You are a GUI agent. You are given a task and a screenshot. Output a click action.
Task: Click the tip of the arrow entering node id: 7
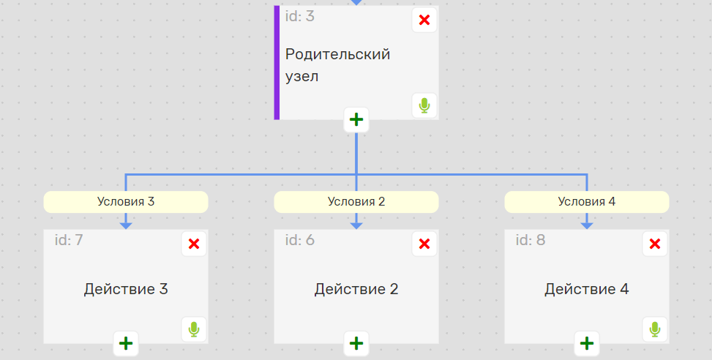pyautogui.click(x=126, y=229)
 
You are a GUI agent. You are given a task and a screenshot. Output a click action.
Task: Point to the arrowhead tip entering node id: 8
pyautogui.click(x=587, y=229)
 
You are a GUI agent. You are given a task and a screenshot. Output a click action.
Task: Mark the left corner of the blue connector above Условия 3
pyautogui.click(x=126, y=175)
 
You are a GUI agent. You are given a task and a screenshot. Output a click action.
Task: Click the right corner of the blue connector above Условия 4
pyautogui.click(x=587, y=175)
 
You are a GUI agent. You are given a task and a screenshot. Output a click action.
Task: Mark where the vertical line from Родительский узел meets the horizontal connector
pyautogui.click(x=356, y=175)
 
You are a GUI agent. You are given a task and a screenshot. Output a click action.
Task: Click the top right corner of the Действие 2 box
pyautogui.click(x=438, y=230)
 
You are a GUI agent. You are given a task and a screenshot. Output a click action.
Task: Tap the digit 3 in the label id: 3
pyautogui.click(x=310, y=16)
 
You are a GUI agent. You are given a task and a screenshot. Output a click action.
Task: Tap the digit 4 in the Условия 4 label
pyautogui.click(x=612, y=201)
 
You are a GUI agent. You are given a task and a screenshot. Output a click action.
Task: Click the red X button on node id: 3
pyautogui.click(x=424, y=20)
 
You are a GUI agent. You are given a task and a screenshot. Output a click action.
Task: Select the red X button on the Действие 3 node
pyautogui.click(x=194, y=244)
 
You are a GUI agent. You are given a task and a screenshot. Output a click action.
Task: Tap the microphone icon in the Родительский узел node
pyautogui.click(x=424, y=106)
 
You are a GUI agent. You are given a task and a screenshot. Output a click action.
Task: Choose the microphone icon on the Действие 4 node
pyautogui.click(x=655, y=329)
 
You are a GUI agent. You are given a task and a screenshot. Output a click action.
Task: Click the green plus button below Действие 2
pyautogui.click(x=356, y=344)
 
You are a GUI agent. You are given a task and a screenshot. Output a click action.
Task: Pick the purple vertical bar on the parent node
pyautogui.click(x=277, y=63)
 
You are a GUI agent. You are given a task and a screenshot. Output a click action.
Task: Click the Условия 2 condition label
pyautogui.click(x=356, y=201)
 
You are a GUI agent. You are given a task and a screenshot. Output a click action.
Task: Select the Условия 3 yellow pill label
pyautogui.click(x=126, y=201)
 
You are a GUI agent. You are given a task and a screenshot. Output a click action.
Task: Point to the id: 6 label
pyautogui.click(x=300, y=240)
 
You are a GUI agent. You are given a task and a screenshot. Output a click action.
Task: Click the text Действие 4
pyautogui.click(x=587, y=289)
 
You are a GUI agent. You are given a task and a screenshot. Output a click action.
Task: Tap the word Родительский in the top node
pyautogui.click(x=338, y=54)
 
